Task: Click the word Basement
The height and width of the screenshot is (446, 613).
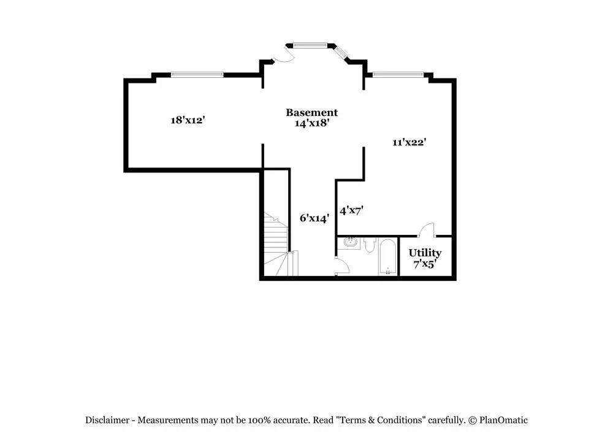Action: (311, 113)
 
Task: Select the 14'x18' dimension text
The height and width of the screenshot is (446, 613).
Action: (311, 123)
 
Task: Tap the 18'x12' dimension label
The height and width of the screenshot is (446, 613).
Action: (188, 120)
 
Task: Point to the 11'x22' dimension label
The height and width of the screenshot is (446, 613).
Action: (409, 142)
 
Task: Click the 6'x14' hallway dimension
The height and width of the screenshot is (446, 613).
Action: (314, 218)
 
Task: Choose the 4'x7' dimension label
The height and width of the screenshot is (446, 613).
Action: (351, 210)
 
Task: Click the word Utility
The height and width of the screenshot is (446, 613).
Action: (425, 253)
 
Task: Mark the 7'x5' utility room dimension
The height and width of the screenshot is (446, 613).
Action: (425, 264)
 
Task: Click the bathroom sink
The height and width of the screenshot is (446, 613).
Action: (351, 243)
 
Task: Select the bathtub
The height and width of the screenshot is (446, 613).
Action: (387, 257)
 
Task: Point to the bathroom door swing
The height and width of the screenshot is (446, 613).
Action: (341, 266)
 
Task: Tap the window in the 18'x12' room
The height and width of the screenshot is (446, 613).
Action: (197, 74)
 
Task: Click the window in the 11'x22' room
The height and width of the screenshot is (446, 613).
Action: (398, 74)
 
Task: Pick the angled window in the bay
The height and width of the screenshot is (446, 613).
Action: (342, 53)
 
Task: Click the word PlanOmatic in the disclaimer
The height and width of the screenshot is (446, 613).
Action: (503, 420)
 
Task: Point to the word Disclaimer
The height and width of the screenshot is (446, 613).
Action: (107, 420)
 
